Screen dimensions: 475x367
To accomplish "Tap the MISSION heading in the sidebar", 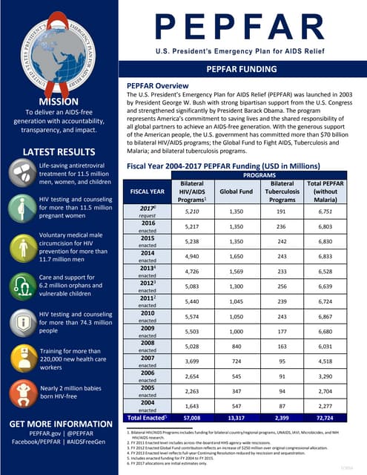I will click(59, 102).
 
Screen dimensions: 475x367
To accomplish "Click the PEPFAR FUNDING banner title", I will click(242, 68).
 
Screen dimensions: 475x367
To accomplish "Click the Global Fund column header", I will click(236, 190).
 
